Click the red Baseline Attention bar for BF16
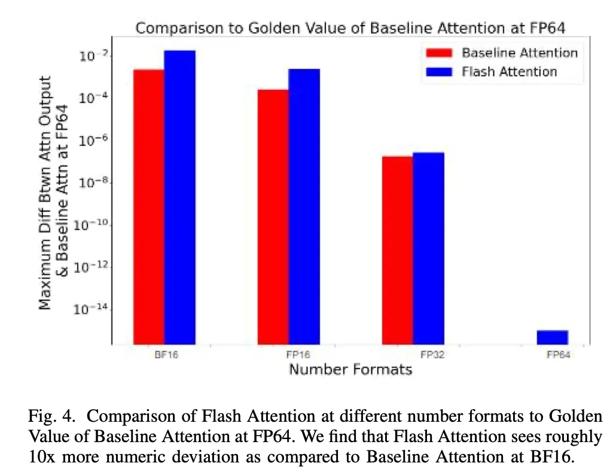click(x=149, y=206)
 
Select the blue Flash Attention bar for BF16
click(x=180, y=197)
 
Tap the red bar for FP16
click(x=273, y=217)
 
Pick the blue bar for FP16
click(x=304, y=206)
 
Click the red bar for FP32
click(x=398, y=250)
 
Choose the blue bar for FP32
click(x=428, y=248)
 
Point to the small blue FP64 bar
click(x=552, y=337)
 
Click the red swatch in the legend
click(x=440, y=53)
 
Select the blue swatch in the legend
click(x=440, y=72)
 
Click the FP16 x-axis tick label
click(x=289, y=355)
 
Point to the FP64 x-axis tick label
click(x=558, y=355)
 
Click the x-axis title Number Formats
click(x=350, y=370)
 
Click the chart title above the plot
click(x=350, y=28)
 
